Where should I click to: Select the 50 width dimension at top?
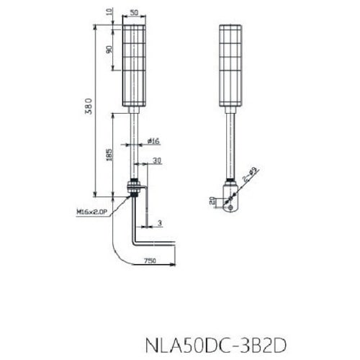(x=135, y=13)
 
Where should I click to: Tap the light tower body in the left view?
(x=135, y=65)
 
